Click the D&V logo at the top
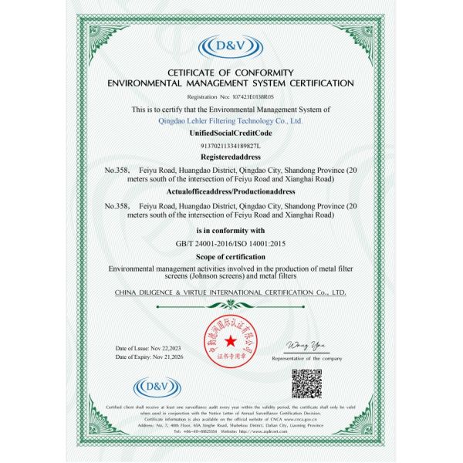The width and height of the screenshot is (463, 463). point(231,48)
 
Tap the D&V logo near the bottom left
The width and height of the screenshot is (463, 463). point(157,387)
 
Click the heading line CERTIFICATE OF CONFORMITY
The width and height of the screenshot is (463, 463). point(231,73)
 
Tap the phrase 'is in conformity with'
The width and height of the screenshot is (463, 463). point(231,231)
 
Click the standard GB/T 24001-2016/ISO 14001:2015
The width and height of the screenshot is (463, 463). point(231,244)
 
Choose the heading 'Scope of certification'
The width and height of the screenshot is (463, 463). point(231,256)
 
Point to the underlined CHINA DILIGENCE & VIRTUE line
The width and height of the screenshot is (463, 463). point(231,293)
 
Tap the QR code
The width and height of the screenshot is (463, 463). point(306,383)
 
